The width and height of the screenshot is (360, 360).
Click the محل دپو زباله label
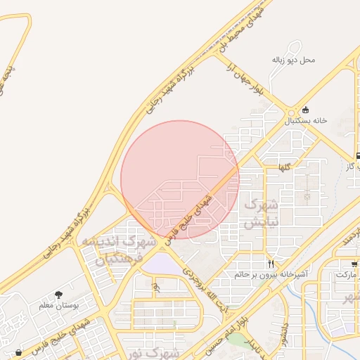[x=294, y=60]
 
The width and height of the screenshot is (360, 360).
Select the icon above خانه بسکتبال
[x=305, y=110]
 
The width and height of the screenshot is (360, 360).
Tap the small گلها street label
[x=284, y=167]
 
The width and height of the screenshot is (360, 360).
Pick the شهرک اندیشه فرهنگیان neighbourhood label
[x=112, y=250]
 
